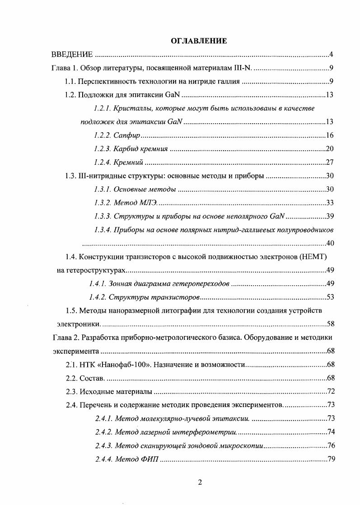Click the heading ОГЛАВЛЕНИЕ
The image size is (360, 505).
pyautogui.click(x=199, y=41)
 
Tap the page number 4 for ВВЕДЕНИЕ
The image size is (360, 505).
pyautogui.click(x=331, y=55)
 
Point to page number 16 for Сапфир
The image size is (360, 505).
pyautogui.click(x=330, y=135)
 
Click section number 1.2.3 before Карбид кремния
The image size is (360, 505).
pyautogui.click(x=103, y=149)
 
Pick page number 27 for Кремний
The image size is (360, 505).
pyautogui.click(x=330, y=162)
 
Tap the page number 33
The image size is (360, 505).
pyautogui.click(x=330, y=203)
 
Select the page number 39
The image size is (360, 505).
pyautogui.click(x=330, y=216)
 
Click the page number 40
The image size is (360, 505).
pyautogui.click(x=330, y=243)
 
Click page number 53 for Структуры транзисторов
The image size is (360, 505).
pyautogui.click(x=330, y=297)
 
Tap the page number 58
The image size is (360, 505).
pyautogui.click(x=330, y=324)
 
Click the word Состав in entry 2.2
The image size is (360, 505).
pyautogui.click(x=92, y=378)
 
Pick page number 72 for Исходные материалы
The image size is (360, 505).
pyautogui.click(x=330, y=391)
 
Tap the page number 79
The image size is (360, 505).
pyautogui.click(x=330, y=459)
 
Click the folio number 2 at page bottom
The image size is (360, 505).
pyautogui.click(x=200, y=482)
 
